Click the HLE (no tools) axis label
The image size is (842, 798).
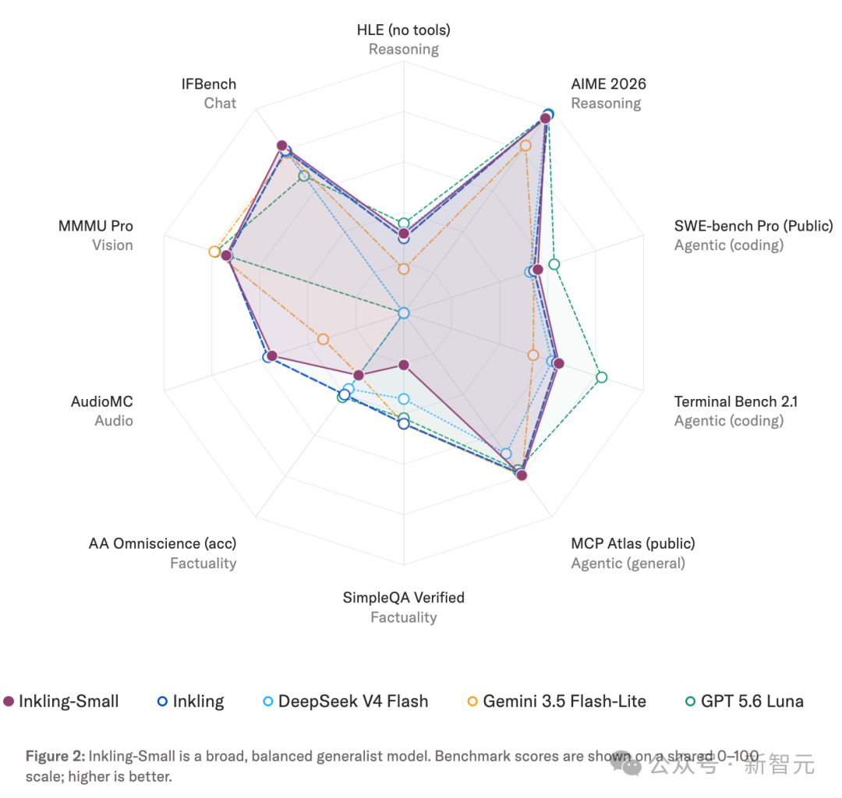403,30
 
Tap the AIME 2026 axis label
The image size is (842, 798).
608,83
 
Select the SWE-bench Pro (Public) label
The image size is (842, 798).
753,226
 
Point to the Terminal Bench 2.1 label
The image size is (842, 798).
736,401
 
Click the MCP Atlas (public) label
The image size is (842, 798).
632,544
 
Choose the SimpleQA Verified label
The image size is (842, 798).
403,597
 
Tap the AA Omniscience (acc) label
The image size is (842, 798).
163,544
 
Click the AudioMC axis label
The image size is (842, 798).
102,401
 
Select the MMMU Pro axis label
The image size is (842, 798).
96,226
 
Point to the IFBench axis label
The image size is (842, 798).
209,84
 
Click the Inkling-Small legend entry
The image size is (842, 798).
61,701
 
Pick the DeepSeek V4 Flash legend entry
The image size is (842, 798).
345,701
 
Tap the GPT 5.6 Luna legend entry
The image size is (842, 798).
745,701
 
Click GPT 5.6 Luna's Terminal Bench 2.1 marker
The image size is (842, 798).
601,377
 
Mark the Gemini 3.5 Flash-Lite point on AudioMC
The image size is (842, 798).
323,339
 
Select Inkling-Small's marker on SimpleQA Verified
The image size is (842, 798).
404,365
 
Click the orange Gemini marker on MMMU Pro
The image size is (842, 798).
214,252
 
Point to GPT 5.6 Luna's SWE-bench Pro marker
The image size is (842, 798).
554,264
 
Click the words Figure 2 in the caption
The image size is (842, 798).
55,756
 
